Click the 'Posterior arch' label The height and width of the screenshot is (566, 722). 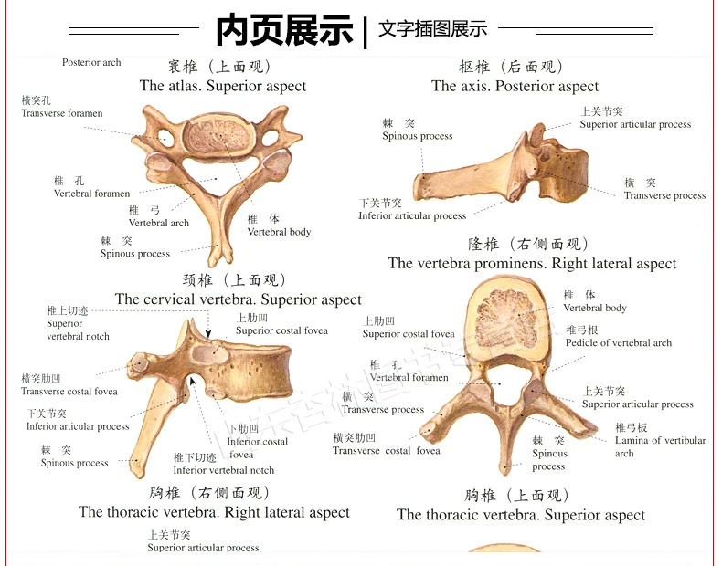[x=91, y=63]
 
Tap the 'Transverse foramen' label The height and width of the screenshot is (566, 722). [x=62, y=113]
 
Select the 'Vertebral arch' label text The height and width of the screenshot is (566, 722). [x=158, y=223]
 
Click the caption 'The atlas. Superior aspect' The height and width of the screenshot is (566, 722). [x=223, y=86]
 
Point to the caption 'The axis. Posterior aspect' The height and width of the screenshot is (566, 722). [x=515, y=86]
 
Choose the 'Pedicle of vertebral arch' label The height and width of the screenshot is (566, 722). [x=618, y=343]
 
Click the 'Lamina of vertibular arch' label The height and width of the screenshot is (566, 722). [x=660, y=446]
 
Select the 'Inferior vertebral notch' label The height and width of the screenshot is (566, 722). [x=223, y=470]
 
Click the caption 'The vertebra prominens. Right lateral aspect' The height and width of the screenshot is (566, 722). [x=532, y=264]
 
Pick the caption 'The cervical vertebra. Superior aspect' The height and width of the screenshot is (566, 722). [x=238, y=299]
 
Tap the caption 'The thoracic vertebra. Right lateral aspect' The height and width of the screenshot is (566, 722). [x=214, y=512]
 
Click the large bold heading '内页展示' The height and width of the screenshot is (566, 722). [x=284, y=29]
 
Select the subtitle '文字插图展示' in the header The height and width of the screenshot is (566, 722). [x=432, y=29]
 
